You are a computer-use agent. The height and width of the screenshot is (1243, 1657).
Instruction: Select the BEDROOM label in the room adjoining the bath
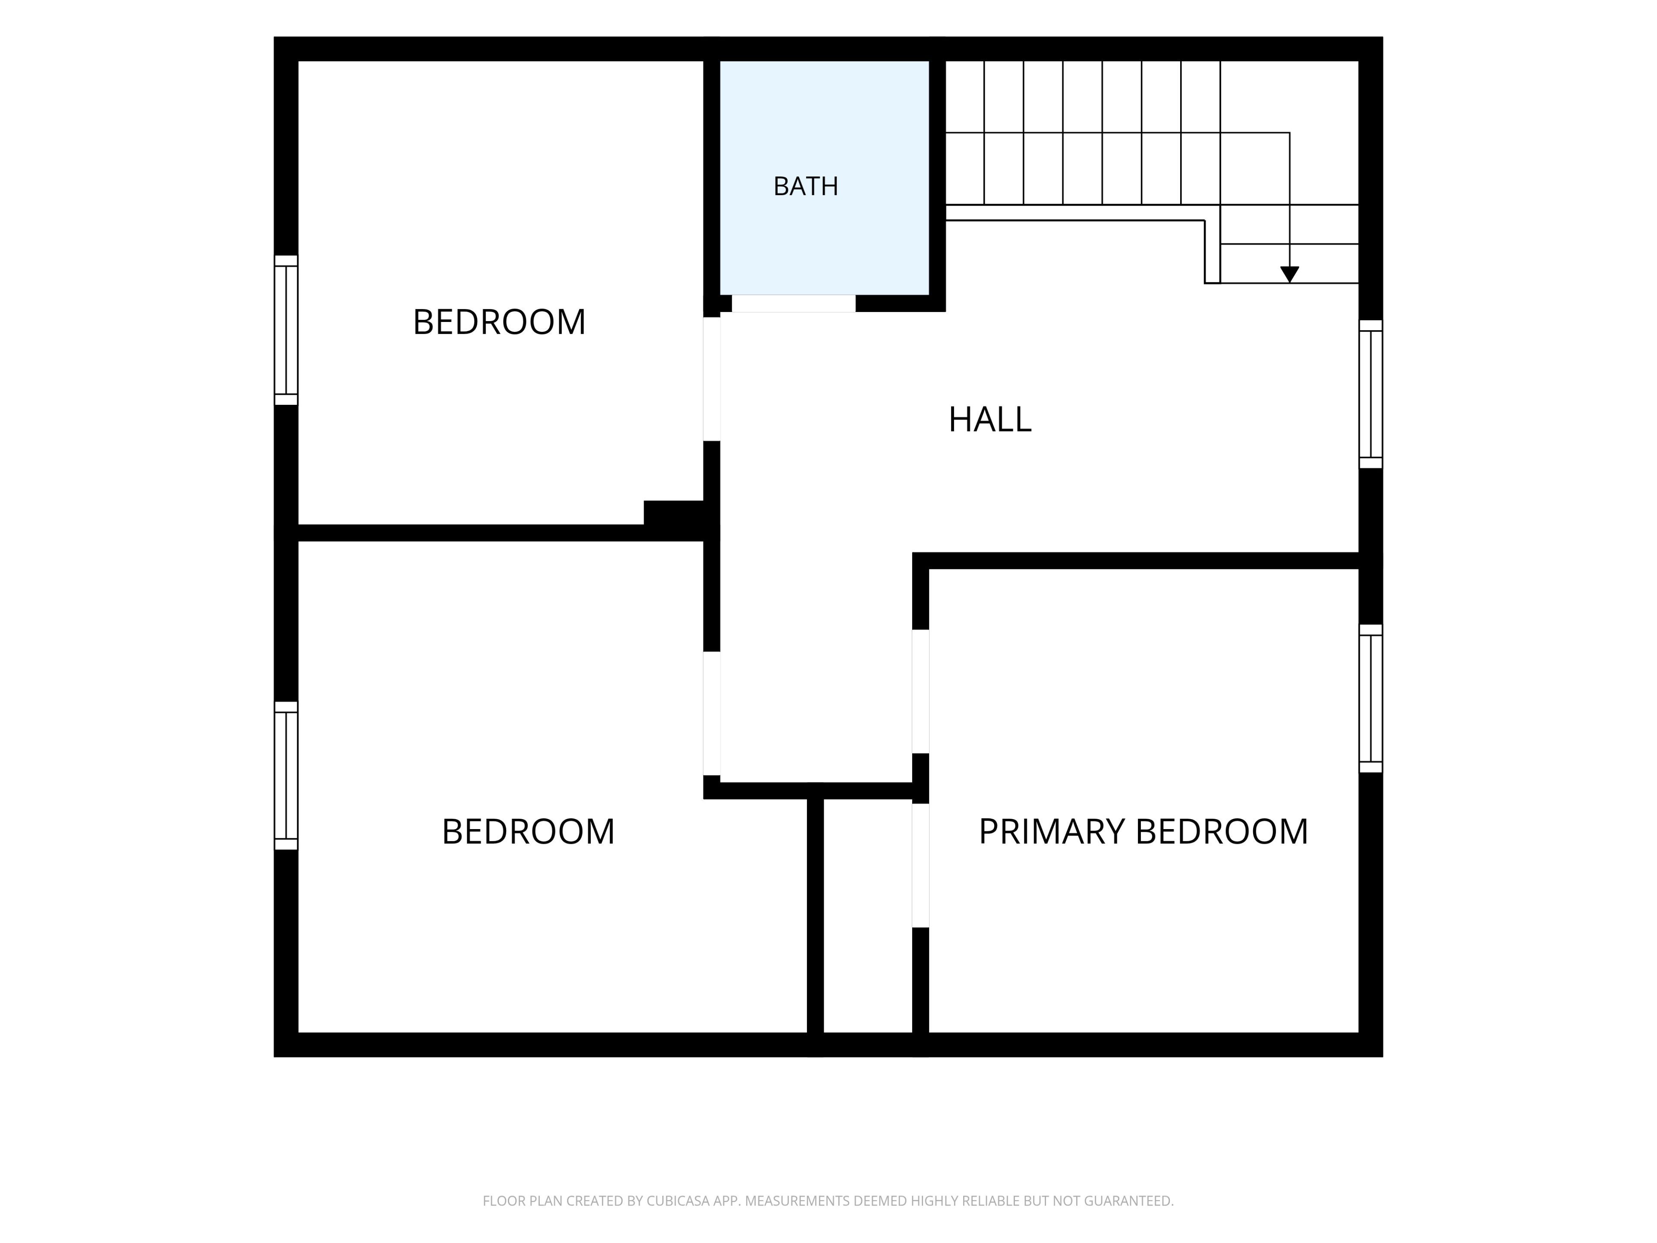(x=499, y=322)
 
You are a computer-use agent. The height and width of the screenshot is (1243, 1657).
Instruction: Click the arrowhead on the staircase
(x=1289, y=274)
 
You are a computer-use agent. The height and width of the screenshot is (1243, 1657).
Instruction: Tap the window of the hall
(x=1371, y=394)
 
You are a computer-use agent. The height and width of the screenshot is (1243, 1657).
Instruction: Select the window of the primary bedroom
(x=1371, y=698)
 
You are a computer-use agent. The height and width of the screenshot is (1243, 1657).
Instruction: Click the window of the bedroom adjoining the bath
(x=286, y=331)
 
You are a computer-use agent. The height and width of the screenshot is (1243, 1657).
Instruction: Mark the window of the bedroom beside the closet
(x=286, y=776)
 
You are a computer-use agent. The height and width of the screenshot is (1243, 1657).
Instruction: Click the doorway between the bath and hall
(x=793, y=303)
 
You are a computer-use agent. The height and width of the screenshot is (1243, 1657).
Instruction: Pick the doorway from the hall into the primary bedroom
(x=921, y=691)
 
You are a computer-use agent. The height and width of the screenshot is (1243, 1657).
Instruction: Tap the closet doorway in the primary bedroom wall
(x=921, y=865)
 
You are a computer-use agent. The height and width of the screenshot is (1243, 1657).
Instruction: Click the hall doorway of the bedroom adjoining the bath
(x=712, y=379)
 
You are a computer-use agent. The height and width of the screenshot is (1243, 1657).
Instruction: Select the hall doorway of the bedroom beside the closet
(x=712, y=713)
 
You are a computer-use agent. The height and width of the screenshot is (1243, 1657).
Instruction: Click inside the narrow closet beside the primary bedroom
(x=867, y=915)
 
